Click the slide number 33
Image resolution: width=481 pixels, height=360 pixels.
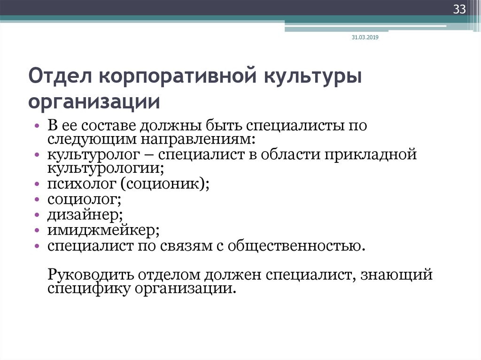(x=459, y=9)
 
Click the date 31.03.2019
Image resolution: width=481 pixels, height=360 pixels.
(x=365, y=38)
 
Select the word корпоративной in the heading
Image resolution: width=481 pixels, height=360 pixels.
(x=178, y=77)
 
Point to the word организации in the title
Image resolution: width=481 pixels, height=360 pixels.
(x=94, y=102)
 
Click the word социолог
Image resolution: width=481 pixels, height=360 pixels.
(x=85, y=199)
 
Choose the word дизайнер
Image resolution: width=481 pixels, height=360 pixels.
(x=85, y=214)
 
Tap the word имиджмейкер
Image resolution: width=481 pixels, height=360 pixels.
(x=103, y=230)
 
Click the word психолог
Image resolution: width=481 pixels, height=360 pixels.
(x=82, y=184)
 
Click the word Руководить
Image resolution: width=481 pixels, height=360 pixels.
(x=91, y=275)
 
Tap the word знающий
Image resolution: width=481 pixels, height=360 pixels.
(x=396, y=275)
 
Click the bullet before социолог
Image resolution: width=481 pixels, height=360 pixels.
(x=37, y=199)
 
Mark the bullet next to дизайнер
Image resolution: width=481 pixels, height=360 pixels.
(x=37, y=215)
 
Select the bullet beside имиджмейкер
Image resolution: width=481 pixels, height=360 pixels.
(x=37, y=230)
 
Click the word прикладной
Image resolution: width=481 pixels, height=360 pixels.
(x=371, y=154)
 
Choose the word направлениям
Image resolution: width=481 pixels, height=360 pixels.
(x=198, y=139)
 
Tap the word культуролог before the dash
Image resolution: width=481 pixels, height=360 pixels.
(x=93, y=155)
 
